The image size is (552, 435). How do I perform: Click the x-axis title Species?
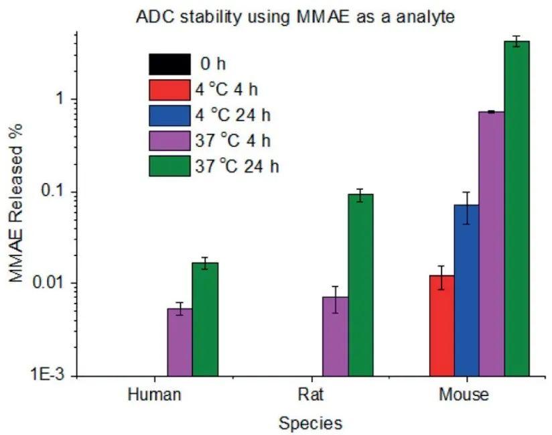pyautogui.click(x=310, y=423)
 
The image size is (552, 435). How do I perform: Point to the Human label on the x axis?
pyautogui.click(x=154, y=395)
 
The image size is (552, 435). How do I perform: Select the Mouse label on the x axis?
pyautogui.click(x=464, y=395)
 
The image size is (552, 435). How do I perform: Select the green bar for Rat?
pyautogui.click(x=360, y=285)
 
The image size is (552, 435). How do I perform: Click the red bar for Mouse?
pyautogui.click(x=442, y=326)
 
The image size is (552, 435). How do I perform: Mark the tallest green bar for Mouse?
pyautogui.click(x=516, y=208)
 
